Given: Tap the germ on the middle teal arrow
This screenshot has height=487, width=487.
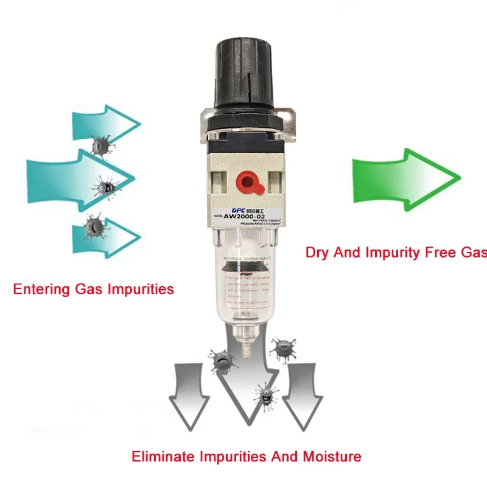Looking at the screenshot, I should tap(105, 187).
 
